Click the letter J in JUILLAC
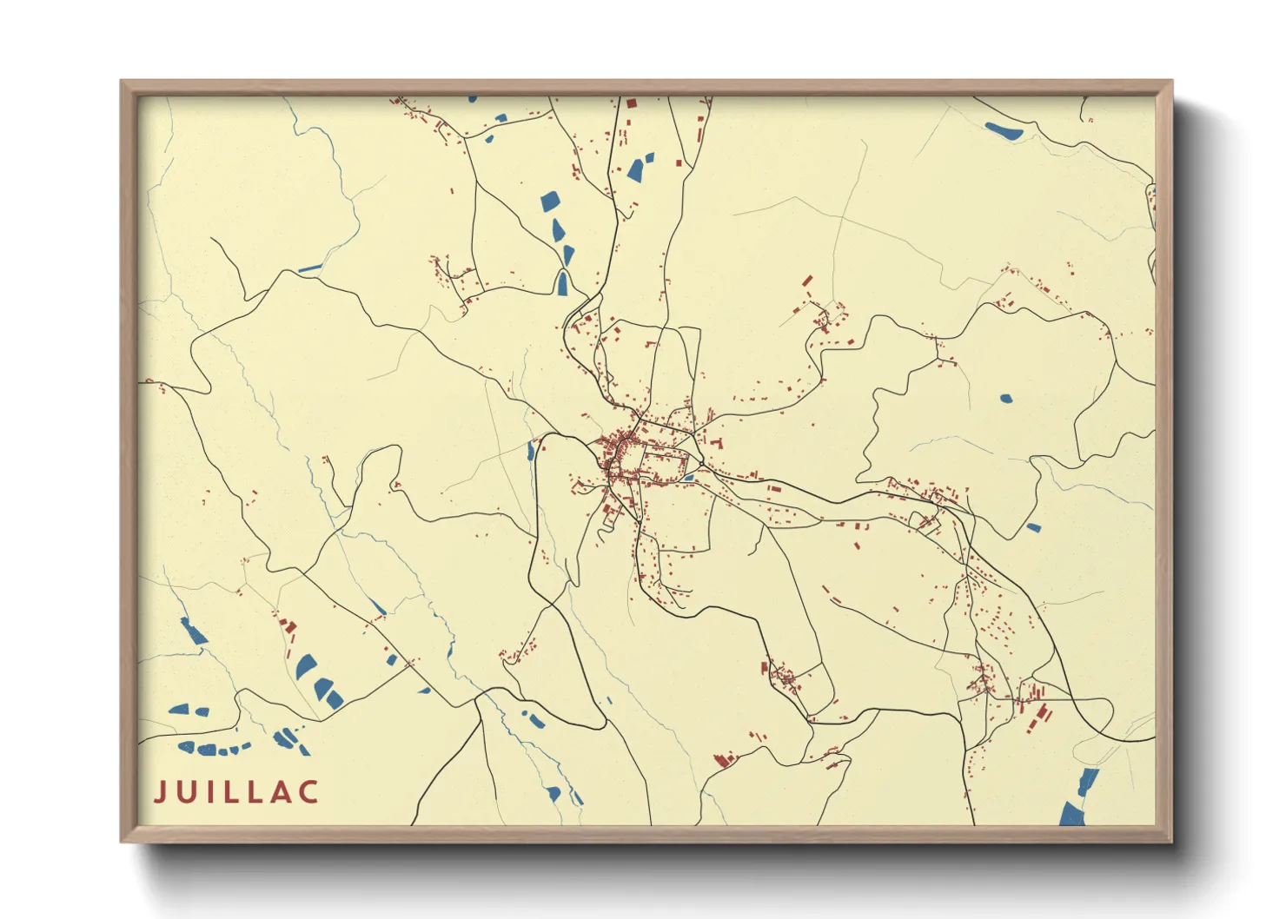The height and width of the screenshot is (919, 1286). [160, 791]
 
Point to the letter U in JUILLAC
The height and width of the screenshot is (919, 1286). [186, 791]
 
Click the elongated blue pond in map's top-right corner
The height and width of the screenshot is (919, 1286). [1004, 131]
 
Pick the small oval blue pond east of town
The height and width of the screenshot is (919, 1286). [1005, 399]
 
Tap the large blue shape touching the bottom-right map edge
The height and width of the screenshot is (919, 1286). [1074, 813]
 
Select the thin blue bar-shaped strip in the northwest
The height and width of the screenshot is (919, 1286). [310, 268]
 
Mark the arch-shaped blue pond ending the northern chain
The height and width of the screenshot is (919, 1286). [564, 283]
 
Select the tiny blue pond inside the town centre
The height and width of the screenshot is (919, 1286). [688, 477]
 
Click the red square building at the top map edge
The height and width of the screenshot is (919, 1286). [632, 102]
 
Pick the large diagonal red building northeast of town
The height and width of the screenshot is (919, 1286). [807, 281]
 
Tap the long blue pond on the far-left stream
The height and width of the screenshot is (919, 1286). [193, 631]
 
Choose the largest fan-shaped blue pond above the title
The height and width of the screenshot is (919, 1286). [305, 667]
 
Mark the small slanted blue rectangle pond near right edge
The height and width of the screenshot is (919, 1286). [1032, 527]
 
